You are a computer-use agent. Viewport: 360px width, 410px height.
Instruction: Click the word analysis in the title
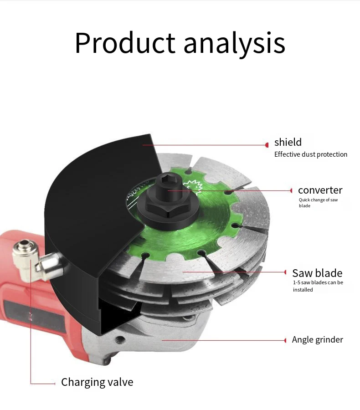pos(234,44)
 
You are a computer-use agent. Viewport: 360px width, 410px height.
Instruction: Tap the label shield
pos(288,142)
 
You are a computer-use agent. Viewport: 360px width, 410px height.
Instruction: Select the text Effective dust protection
pos(310,154)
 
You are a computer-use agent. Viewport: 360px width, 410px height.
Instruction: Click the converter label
pos(320,190)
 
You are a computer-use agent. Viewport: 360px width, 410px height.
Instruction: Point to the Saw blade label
pos(317,273)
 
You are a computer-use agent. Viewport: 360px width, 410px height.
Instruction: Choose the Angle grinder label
pos(317,339)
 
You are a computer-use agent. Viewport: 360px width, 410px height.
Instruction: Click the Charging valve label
pos(97,382)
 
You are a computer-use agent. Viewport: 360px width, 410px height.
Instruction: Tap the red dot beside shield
pos(267,145)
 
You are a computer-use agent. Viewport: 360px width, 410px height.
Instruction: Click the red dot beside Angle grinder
pos(286,340)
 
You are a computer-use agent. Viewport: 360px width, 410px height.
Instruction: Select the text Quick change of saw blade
pos(318,203)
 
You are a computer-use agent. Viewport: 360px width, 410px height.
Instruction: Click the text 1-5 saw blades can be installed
pos(318,286)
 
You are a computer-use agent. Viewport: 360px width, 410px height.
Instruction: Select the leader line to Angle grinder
pos(223,340)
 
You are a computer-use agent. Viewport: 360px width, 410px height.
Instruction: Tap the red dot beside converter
pos(292,190)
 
